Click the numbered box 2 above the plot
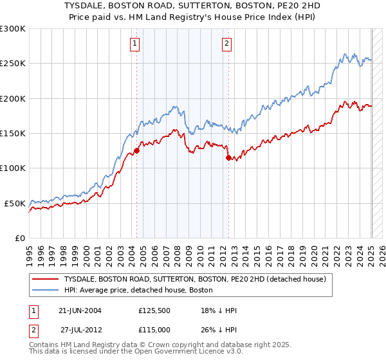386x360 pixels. [x=227, y=44]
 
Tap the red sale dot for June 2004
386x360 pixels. [x=136, y=150]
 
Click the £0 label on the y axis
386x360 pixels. [x=19, y=238]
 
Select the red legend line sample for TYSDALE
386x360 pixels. [x=45, y=279]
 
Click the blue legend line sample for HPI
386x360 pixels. [x=45, y=290]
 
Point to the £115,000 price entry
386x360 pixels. [x=153, y=330]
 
